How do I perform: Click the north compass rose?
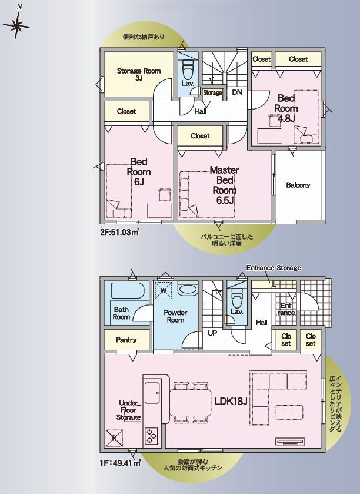pyautogui.click(x=16, y=26)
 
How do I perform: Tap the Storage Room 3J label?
pyautogui.click(x=139, y=74)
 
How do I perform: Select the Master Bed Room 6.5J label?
pyautogui.click(x=224, y=185)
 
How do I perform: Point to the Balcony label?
pyautogui.click(x=298, y=185)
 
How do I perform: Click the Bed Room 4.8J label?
pyautogui.click(x=286, y=108)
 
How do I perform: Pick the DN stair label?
pyautogui.click(x=237, y=92)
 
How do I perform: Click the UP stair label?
pyautogui.click(x=212, y=333)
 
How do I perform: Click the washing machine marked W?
pyautogui.click(x=164, y=290)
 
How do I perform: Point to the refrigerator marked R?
pyautogui.click(x=114, y=438)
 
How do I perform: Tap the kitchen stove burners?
pyautogui.click(x=152, y=436)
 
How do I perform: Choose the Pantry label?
pyautogui.click(x=126, y=340)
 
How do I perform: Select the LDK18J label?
pyautogui.click(x=231, y=401)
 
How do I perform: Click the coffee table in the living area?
pyautogui.click(x=289, y=412)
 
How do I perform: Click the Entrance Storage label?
pyautogui.click(x=274, y=268)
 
